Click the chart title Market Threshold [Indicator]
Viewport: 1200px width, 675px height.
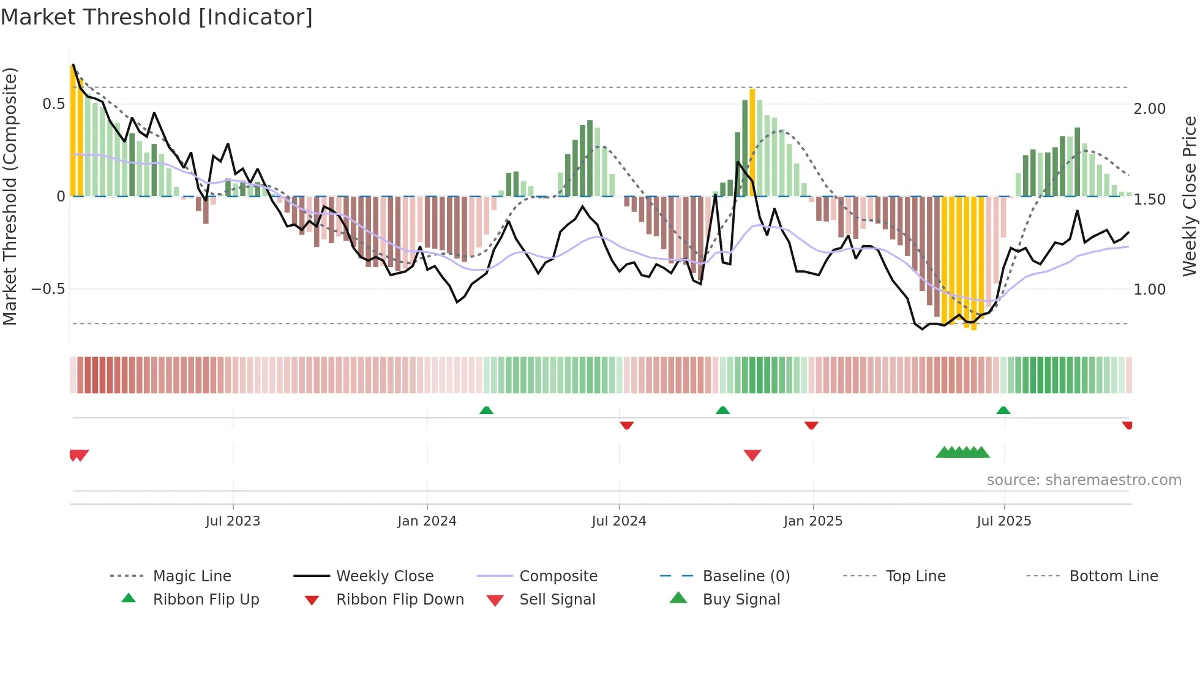pyautogui.click(x=157, y=17)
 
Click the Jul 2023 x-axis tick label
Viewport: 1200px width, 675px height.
pyautogui.click(x=233, y=521)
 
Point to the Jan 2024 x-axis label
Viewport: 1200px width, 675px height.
pyautogui.click(x=427, y=521)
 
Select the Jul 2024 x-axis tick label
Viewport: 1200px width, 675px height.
pyautogui.click(x=619, y=521)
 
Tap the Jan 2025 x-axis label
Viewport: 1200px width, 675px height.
pyautogui.click(x=813, y=521)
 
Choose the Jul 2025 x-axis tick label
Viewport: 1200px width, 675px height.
pyautogui.click(x=1004, y=521)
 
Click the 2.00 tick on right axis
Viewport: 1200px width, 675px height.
pyautogui.click(x=1149, y=109)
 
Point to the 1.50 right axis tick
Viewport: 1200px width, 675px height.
pyautogui.click(x=1149, y=200)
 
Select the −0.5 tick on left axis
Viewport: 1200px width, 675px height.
pyautogui.click(x=48, y=289)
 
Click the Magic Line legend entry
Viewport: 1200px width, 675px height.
pyautogui.click(x=192, y=576)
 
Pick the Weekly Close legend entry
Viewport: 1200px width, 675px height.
pyautogui.click(x=384, y=576)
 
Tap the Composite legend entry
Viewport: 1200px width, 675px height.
pyautogui.click(x=558, y=576)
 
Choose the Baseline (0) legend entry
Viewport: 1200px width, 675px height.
pyautogui.click(x=746, y=576)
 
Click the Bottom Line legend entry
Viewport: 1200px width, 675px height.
pyautogui.click(x=1113, y=576)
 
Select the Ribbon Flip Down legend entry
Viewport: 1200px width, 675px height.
pyautogui.click(x=400, y=600)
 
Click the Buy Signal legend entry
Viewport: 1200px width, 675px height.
pyautogui.click(x=741, y=600)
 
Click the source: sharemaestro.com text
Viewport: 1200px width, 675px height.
pyautogui.click(x=1084, y=480)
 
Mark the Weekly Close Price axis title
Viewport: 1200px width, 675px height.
pyautogui.click(x=1189, y=196)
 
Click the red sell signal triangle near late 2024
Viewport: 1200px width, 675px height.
pyautogui.click(x=752, y=454)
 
